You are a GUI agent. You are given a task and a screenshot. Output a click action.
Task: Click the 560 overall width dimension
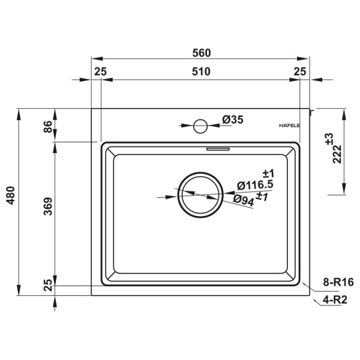202,53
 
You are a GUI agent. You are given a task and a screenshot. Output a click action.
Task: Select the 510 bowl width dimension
201,71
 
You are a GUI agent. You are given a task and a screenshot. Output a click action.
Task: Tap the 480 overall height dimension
11,196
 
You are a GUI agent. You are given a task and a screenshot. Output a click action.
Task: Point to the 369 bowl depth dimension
48,206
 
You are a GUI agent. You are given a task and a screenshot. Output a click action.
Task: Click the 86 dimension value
48,127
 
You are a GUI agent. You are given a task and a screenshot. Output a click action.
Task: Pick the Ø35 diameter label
233,119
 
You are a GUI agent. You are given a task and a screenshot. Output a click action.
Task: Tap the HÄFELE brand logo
289,125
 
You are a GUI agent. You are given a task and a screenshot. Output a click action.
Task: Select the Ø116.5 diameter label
255,185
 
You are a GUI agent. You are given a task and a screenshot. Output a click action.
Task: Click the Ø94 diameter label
244,200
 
